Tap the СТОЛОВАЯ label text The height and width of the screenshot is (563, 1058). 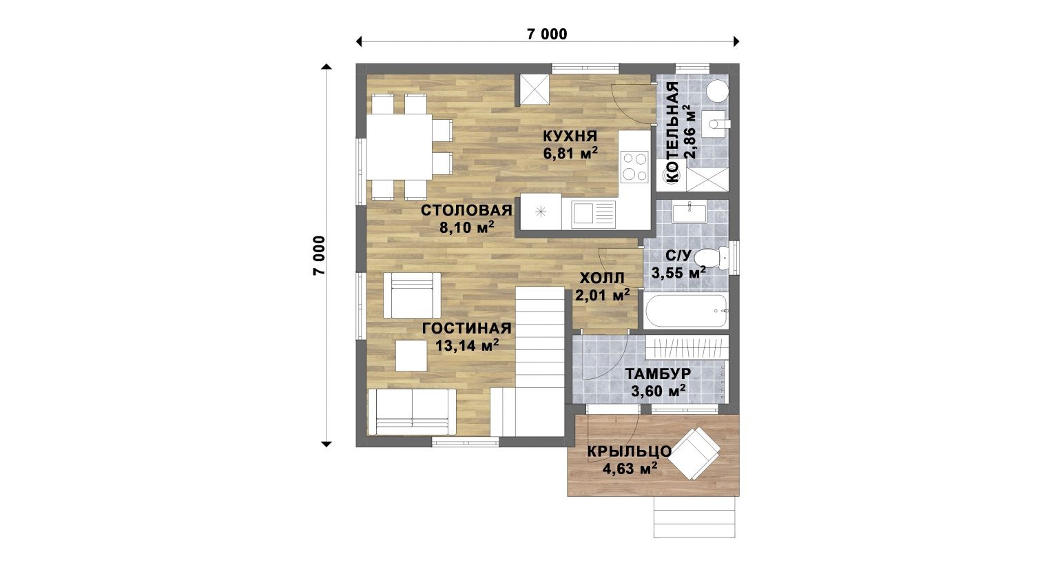click(x=466, y=210)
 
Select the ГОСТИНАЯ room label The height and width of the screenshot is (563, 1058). click(x=466, y=328)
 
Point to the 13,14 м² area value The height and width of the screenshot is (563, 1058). click(x=467, y=345)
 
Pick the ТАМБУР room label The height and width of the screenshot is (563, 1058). click(x=658, y=373)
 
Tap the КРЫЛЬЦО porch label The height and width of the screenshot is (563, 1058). click(x=630, y=451)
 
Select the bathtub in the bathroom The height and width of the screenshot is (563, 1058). click(x=686, y=311)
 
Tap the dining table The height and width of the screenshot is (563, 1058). click(x=400, y=147)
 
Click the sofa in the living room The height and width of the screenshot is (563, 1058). click(x=412, y=411)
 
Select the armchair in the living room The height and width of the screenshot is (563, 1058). click(x=412, y=296)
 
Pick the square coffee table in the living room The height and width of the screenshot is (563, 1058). click(x=411, y=356)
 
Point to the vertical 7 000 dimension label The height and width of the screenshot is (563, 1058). click(x=320, y=255)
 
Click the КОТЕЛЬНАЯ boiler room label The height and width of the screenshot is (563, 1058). click(x=672, y=132)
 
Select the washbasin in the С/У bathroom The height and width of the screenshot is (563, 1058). click(x=689, y=212)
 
